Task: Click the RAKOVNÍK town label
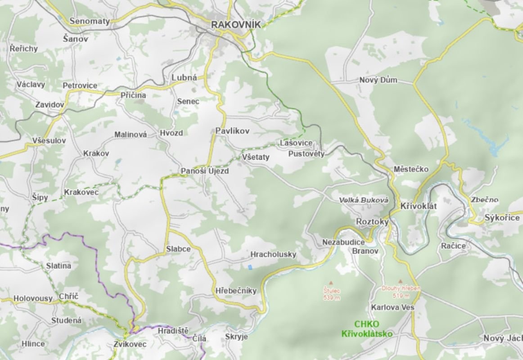coord(236,25)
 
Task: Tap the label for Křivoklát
coord(419,206)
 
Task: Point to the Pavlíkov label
coord(232,131)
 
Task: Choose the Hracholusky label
coord(273,254)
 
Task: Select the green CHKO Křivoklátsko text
coord(367,329)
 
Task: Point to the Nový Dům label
coord(378,80)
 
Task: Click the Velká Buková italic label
coord(363,199)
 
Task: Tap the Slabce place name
coord(178,249)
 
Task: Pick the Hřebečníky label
coord(236,291)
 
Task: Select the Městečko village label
coord(411,169)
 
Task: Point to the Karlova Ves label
coord(392,307)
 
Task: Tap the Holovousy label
coord(33,298)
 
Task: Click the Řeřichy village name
coord(24,48)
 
